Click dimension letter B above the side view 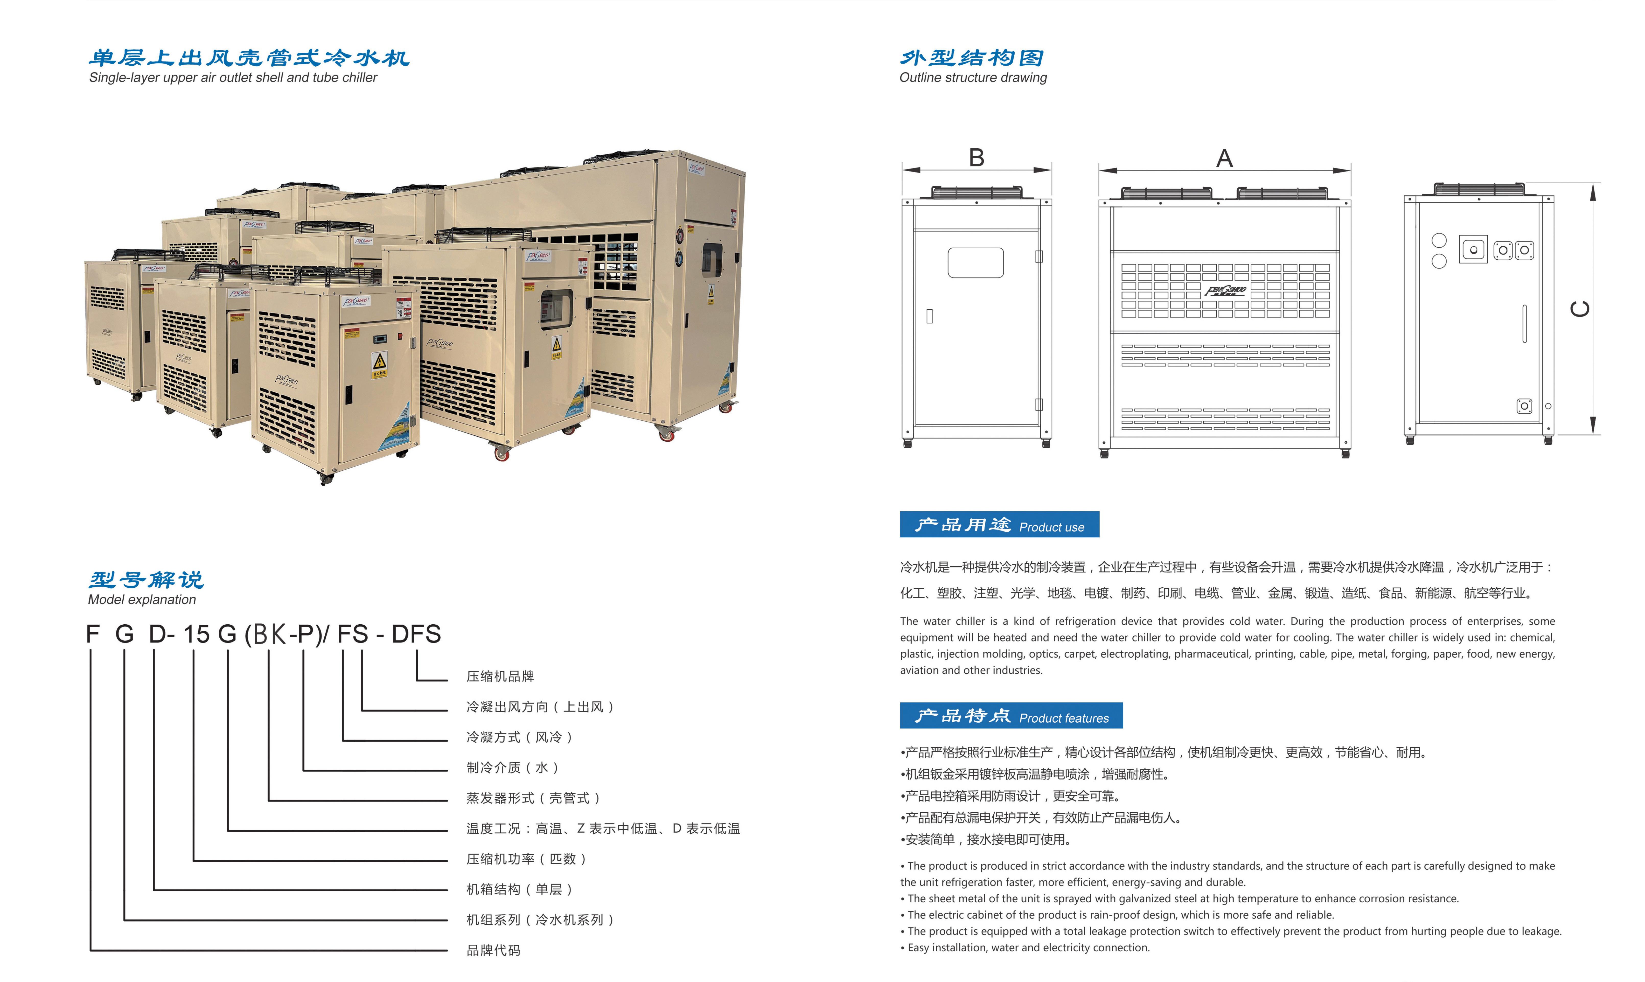[977, 157]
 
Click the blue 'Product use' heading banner [1000, 525]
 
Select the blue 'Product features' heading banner [1012, 715]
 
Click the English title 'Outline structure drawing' [973, 77]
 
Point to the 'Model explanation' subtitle [142, 600]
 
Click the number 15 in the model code [197, 634]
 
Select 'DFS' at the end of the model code [416, 634]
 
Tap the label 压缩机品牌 [500, 676]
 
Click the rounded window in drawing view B [976, 263]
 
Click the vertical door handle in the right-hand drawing [1524, 324]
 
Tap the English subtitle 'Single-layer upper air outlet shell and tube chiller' [233, 77]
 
